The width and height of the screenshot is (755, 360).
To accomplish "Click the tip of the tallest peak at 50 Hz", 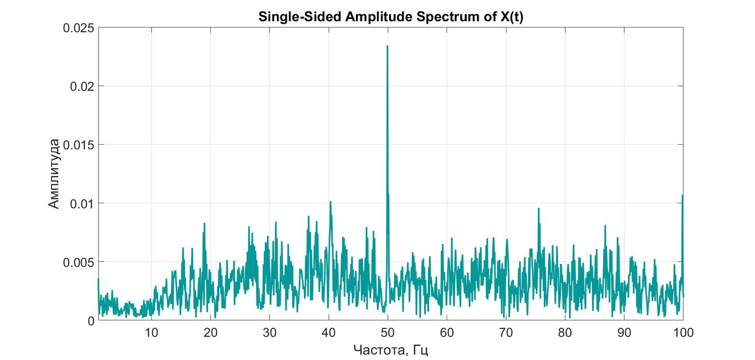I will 387,46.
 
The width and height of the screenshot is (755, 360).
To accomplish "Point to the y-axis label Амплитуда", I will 53,174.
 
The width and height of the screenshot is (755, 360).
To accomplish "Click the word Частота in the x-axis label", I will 379,350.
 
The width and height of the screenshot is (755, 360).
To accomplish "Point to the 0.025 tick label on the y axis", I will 79,28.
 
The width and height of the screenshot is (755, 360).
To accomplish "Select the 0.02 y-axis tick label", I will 82,86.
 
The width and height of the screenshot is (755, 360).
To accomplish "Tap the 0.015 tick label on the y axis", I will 79,145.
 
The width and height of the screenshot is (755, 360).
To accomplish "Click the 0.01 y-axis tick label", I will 82,204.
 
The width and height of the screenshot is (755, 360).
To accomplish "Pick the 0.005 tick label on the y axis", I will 79,262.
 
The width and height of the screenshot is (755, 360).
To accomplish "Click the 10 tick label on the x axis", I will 151,333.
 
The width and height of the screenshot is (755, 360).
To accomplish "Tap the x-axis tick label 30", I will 270,333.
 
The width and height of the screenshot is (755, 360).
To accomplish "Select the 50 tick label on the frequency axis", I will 387,333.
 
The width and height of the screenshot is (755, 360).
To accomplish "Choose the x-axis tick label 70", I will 506,333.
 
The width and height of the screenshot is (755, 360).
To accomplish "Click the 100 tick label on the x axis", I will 683,333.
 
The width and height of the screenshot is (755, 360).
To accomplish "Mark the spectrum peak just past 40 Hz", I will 330,202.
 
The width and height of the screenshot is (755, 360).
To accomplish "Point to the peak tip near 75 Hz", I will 538,209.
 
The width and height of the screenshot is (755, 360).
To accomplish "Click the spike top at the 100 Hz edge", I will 682,196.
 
